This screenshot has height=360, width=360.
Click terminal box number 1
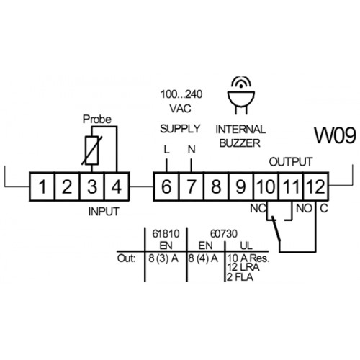click(42, 186)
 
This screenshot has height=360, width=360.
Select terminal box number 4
click(117, 186)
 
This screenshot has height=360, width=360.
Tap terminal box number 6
click(166, 186)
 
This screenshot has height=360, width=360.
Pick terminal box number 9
click(241, 186)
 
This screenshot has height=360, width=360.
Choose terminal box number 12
click(316, 186)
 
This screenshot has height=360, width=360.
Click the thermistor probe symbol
click(92, 150)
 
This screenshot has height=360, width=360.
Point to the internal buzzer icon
click(240, 96)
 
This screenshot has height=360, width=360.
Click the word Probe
click(97, 120)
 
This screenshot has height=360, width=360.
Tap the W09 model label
click(335, 135)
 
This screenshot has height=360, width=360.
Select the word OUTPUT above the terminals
click(291, 162)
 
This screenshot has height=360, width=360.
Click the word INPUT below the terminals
click(104, 212)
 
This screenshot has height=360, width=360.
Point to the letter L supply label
click(166, 150)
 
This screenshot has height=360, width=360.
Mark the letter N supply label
click(192, 150)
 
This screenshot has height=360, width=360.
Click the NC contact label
click(258, 209)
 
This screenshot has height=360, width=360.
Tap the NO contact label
click(304, 209)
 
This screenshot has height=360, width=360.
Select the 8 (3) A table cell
click(163, 258)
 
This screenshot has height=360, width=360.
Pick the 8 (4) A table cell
click(203, 258)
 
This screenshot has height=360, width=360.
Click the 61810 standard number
click(166, 234)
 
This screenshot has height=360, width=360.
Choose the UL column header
click(246, 246)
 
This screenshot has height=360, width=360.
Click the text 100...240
click(181, 94)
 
